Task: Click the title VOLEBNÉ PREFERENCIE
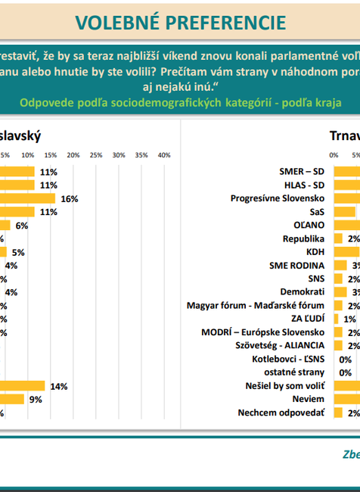click(181, 22)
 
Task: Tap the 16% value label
click(70, 198)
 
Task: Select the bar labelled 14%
click(23, 386)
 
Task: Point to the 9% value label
click(35, 399)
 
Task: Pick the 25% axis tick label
click(96, 155)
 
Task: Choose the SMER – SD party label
click(302, 172)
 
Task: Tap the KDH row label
click(315, 252)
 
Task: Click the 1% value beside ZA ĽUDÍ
click(349, 319)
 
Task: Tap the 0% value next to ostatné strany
click(345, 372)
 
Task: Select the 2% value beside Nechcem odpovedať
click(353, 413)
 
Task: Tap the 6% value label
click(21, 226)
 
